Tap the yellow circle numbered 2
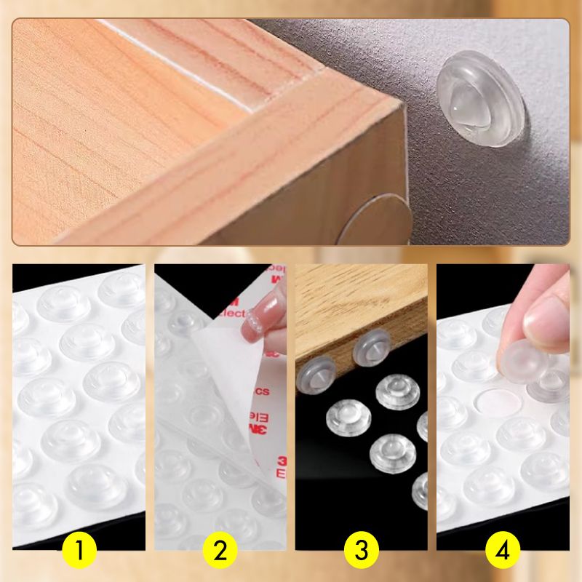click(x=220, y=551)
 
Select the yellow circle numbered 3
click(x=362, y=551)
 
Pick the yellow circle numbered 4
click(x=503, y=551)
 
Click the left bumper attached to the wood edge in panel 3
click(x=314, y=372)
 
